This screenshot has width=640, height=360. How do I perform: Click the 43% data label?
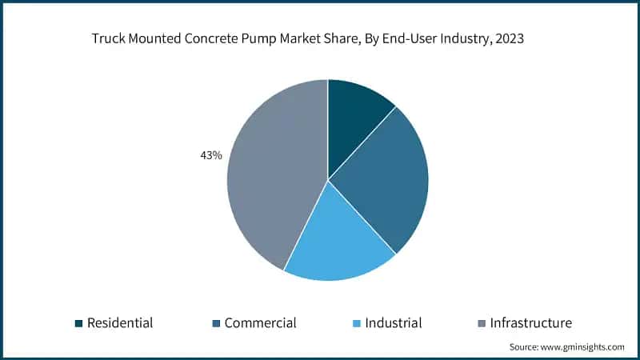pyautogui.click(x=210, y=156)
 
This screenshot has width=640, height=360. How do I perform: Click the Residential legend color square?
pyautogui.click(x=78, y=323)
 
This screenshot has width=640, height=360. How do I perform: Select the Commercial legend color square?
pyautogui.click(x=216, y=323)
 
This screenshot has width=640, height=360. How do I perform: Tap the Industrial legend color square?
pyautogui.click(x=356, y=323)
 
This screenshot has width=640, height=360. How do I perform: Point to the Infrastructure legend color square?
pyautogui.click(x=481, y=323)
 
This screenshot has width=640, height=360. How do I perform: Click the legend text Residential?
pyautogui.click(x=120, y=323)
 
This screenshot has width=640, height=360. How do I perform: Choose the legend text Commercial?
pyautogui.click(x=260, y=323)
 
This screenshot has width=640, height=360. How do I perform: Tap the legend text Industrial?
pyautogui.click(x=393, y=323)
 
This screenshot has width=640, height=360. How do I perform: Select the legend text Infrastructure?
pyautogui.click(x=530, y=323)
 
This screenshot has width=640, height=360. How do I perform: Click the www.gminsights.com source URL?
pyautogui.click(x=582, y=347)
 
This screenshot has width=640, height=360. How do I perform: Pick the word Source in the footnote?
pyautogui.click(x=524, y=347)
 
